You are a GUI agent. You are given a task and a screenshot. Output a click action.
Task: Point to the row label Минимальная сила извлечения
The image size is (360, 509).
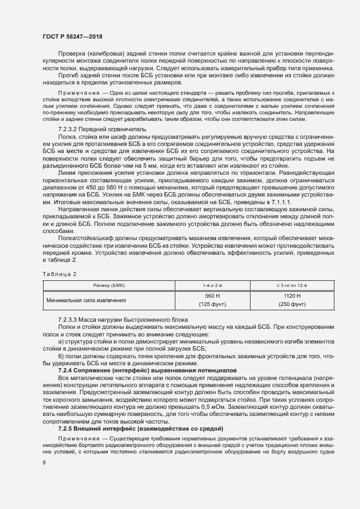[87, 299]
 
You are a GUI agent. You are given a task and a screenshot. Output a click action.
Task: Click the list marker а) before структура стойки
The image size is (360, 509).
[61, 341]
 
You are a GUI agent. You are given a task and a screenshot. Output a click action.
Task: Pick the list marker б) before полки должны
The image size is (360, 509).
[61, 355]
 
